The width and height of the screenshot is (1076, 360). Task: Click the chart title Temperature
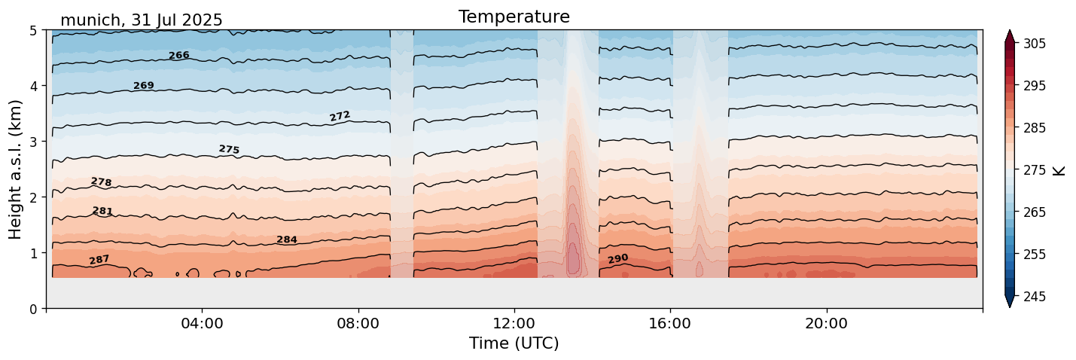(514, 17)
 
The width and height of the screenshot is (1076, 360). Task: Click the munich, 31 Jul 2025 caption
(142, 20)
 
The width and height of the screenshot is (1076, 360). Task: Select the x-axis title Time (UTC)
(514, 343)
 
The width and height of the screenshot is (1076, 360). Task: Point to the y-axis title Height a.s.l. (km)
(16, 169)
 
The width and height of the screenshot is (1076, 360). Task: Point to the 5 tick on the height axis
(34, 31)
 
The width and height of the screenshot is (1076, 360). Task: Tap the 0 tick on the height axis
(34, 309)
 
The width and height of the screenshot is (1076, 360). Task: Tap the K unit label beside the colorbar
(1059, 170)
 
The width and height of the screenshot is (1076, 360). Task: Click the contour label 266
(178, 56)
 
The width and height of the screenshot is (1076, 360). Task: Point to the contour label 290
(617, 259)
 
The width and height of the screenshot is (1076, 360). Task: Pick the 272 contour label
(340, 116)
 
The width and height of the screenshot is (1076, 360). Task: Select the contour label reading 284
(286, 240)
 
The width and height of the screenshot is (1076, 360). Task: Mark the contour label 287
(99, 260)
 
